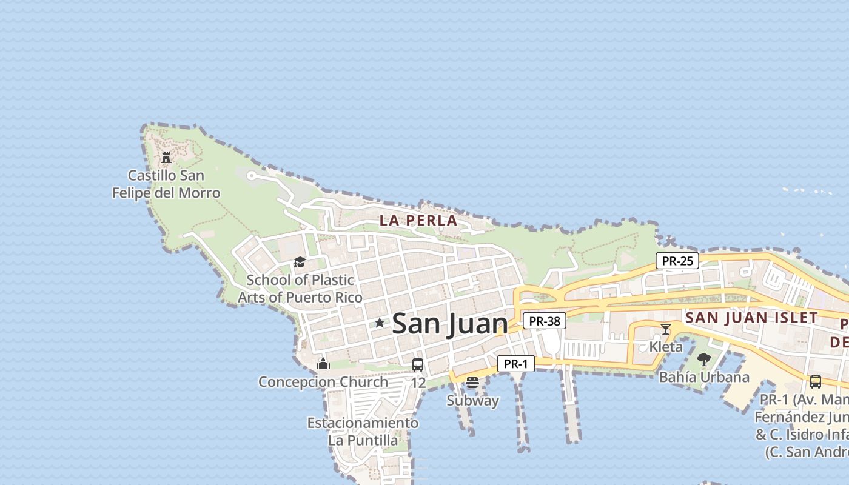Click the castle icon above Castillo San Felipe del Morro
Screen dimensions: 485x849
tap(166, 158)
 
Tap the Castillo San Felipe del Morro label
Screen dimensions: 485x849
tap(166, 184)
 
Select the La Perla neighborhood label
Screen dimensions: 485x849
tap(418, 221)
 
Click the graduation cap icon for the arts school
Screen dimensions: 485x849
tap(300, 262)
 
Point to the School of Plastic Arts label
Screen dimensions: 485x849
tap(300, 289)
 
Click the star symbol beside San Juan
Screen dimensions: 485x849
tap(380, 323)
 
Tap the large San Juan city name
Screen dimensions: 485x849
tap(450, 324)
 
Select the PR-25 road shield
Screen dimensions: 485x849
tap(677, 261)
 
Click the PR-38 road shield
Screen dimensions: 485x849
tap(544, 321)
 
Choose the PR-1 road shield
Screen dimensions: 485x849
tap(515, 364)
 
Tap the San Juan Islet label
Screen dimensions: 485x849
tap(751, 318)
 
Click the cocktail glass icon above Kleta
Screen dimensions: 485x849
tap(666, 329)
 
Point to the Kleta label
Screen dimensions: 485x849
tap(666, 347)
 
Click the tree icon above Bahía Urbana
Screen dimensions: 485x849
tap(704, 360)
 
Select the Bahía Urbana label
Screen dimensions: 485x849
tap(704, 377)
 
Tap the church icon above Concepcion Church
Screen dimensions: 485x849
tap(323, 364)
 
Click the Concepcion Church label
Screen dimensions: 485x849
tap(323, 382)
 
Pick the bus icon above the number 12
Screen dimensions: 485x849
tap(418, 364)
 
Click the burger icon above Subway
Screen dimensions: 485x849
tap(472, 383)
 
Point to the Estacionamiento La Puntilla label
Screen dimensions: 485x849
tap(363, 431)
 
